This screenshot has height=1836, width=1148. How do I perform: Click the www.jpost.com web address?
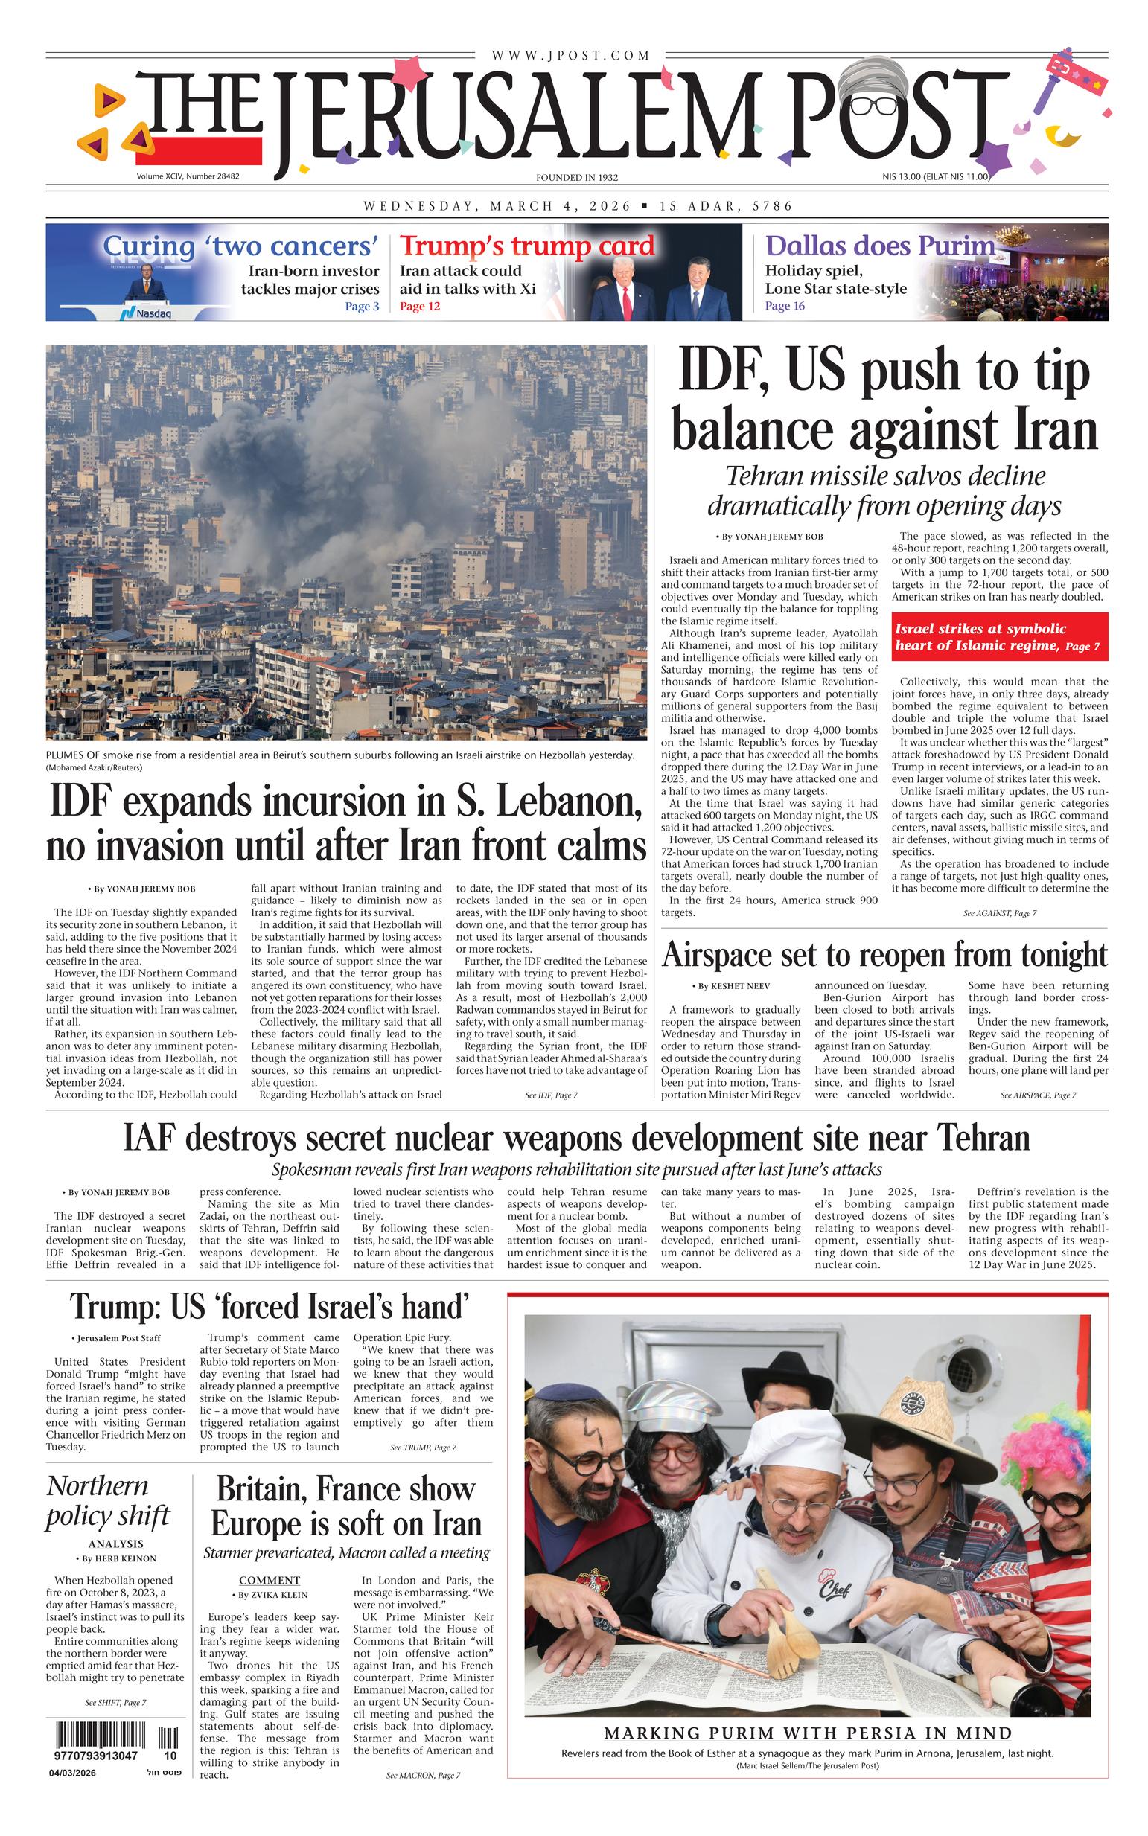point(570,55)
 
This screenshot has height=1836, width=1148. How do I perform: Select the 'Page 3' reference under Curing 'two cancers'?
point(361,307)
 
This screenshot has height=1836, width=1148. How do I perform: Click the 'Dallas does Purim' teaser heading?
point(879,246)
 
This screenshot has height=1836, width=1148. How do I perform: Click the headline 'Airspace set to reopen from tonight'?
point(884,954)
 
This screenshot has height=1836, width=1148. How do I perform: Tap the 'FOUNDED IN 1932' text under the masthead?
point(576,178)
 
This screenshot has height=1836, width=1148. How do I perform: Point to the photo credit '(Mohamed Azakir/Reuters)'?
point(93,767)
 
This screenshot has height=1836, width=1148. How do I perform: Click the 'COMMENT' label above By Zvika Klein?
point(270,1580)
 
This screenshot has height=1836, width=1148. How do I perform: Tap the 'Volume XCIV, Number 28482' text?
point(188,176)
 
